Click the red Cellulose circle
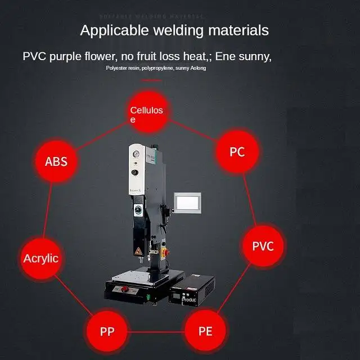(x=146, y=115)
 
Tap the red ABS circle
(x=56, y=161)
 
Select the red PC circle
(x=237, y=152)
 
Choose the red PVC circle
(x=262, y=246)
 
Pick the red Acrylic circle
(x=40, y=259)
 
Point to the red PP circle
(x=106, y=330)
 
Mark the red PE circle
(x=205, y=330)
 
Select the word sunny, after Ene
(x=255, y=56)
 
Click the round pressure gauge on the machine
(x=135, y=152)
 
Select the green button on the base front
(x=148, y=296)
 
